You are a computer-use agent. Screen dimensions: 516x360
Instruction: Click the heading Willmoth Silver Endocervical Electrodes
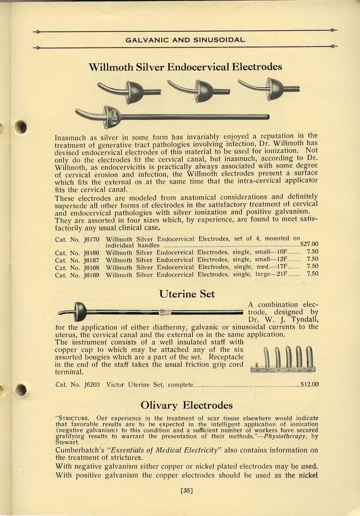(185, 67)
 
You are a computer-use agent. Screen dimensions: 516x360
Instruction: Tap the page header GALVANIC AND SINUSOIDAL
(185, 39)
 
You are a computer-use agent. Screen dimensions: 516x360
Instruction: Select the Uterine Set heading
(187, 294)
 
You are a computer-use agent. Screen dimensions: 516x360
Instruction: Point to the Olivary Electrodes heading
(186, 405)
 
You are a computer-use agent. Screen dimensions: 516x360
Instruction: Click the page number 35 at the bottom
(187, 488)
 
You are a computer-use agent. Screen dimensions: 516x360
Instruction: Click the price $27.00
(309, 244)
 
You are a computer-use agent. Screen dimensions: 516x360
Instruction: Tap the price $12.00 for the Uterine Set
(309, 385)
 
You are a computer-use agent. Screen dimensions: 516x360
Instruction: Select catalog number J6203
(90, 385)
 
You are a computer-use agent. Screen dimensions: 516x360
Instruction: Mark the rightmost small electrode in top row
(271, 89)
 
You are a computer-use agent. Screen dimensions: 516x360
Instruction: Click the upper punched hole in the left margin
(21, 127)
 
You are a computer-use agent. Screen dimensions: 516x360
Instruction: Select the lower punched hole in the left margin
(20, 390)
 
